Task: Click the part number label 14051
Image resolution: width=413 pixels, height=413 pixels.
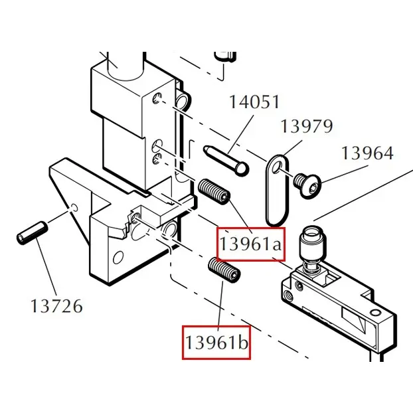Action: coord(254,102)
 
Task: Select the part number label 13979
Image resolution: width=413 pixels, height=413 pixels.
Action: coord(307,126)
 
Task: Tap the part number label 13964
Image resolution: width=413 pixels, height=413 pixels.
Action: coord(367,153)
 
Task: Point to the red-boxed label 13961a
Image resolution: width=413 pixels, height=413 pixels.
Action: coord(250,244)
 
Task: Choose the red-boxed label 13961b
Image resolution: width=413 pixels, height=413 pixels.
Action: coord(216,343)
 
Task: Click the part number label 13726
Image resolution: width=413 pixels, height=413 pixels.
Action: coord(56,306)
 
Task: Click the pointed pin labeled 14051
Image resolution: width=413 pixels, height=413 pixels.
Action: coord(226,161)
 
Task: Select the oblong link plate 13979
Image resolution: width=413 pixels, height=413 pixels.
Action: coord(277,190)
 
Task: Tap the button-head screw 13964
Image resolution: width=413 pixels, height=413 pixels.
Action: coord(308,185)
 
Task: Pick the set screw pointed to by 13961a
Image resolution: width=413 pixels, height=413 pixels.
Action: coord(214,191)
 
